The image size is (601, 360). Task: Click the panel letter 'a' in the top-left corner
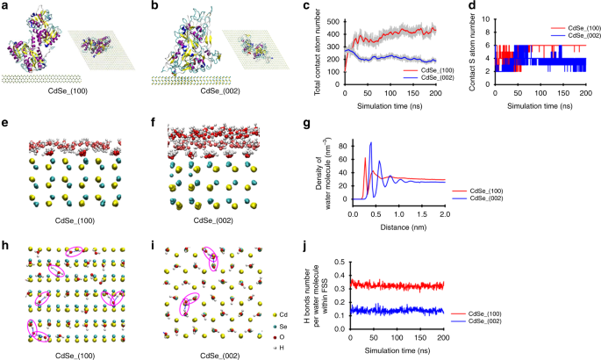(x=5, y=6)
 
